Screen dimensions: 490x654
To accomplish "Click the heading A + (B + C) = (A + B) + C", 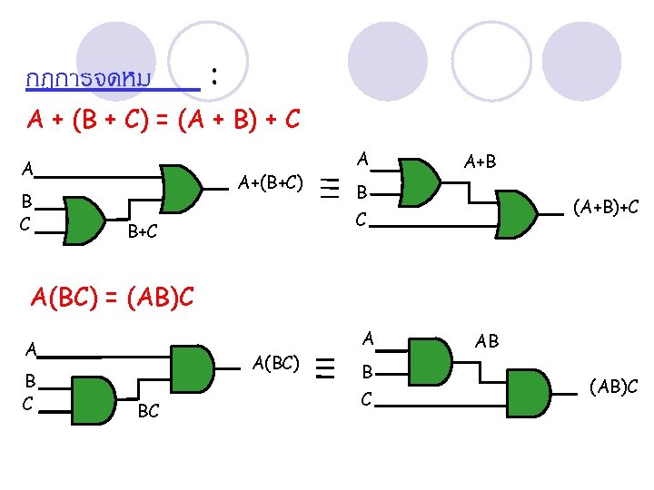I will click(x=163, y=119).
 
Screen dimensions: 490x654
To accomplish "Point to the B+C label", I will click(x=143, y=232).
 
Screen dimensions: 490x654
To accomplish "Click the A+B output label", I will click(x=480, y=162).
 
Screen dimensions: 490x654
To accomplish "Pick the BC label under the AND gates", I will click(x=148, y=412).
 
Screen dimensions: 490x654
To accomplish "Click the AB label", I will click(x=487, y=341).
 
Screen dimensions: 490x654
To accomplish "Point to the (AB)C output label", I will click(x=613, y=387).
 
